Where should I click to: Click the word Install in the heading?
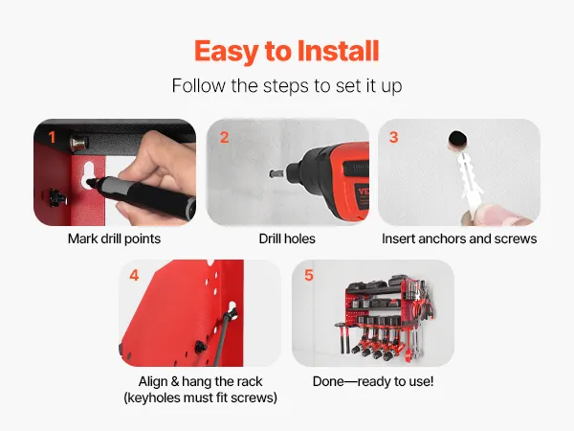338,51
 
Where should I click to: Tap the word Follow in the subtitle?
199,86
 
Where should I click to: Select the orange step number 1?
52,137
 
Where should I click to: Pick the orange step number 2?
224,137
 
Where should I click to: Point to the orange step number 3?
393,137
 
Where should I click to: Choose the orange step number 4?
134,275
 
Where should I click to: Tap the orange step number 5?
309,275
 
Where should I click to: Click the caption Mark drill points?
114,238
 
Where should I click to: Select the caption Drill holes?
287,238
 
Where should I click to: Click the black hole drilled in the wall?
458,140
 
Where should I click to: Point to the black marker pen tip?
89,181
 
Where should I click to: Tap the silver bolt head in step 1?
78,143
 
